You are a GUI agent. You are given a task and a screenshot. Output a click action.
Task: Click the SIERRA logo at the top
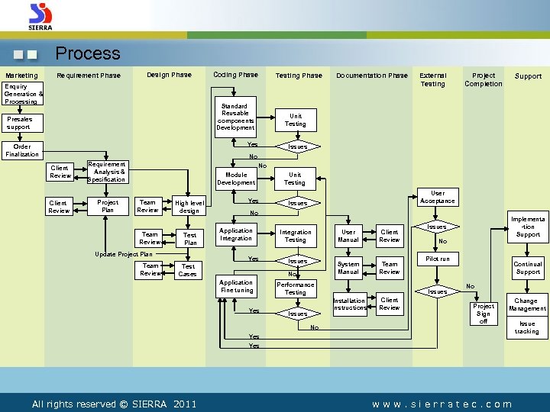click(x=40, y=16)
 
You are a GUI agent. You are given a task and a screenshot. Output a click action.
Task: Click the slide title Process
click(x=88, y=53)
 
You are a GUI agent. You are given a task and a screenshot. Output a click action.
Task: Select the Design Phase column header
click(x=169, y=75)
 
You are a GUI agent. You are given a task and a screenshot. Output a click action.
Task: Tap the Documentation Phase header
click(x=372, y=76)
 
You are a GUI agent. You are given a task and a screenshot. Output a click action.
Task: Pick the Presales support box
click(x=20, y=123)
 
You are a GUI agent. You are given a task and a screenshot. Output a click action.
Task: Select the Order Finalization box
click(x=22, y=150)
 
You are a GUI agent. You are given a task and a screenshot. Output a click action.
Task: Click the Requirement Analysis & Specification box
click(x=107, y=172)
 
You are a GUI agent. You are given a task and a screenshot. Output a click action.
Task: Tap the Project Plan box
click(x=108, y=206)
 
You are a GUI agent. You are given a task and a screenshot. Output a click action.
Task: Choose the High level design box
click(x=189, y=207)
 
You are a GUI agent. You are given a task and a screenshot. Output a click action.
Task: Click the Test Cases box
click(x=187, y=270)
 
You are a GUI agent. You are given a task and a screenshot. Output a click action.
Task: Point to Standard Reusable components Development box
click(x=235, y=117)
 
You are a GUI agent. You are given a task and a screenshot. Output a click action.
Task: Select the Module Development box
click(x=236, y=179)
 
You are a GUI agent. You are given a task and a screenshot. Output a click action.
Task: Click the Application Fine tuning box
click(x=236, y=286)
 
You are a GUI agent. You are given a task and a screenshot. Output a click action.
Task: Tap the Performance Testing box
click(x=295, y=288)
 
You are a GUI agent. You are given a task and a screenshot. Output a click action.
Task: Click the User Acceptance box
click(x=438, y=197)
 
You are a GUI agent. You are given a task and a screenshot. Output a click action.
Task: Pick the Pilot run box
click(x=438, y=259)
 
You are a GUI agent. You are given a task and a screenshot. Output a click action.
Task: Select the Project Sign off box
click(x=484, y=313)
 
